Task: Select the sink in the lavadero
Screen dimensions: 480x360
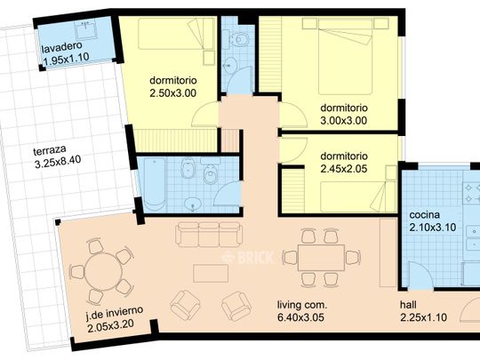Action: click(x=86, y=30)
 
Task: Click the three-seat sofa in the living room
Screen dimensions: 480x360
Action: click(x=209, y=235)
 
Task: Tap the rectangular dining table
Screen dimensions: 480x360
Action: click(x=322, y=258)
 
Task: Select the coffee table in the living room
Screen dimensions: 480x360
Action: click(x=211, y=274)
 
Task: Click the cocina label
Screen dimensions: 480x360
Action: click(x=424, y=215)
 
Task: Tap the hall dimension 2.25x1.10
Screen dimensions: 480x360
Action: click(x=423, y=317)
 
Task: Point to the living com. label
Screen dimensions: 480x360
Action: click(x=302, y=305)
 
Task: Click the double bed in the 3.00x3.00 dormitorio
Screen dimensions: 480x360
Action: click(x=345, y=56)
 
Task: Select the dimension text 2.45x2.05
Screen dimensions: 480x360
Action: click(x=344, y=169)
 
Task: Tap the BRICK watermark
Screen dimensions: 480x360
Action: click(x=248, y=258)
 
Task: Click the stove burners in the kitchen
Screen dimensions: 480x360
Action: click(x=471, y=193)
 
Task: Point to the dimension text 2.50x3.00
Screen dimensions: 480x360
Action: click(x=173, y=93)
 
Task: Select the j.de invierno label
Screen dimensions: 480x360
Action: click(x=114, y=312)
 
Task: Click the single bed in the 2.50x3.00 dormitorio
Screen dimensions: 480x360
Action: click(x=176, y=34)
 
